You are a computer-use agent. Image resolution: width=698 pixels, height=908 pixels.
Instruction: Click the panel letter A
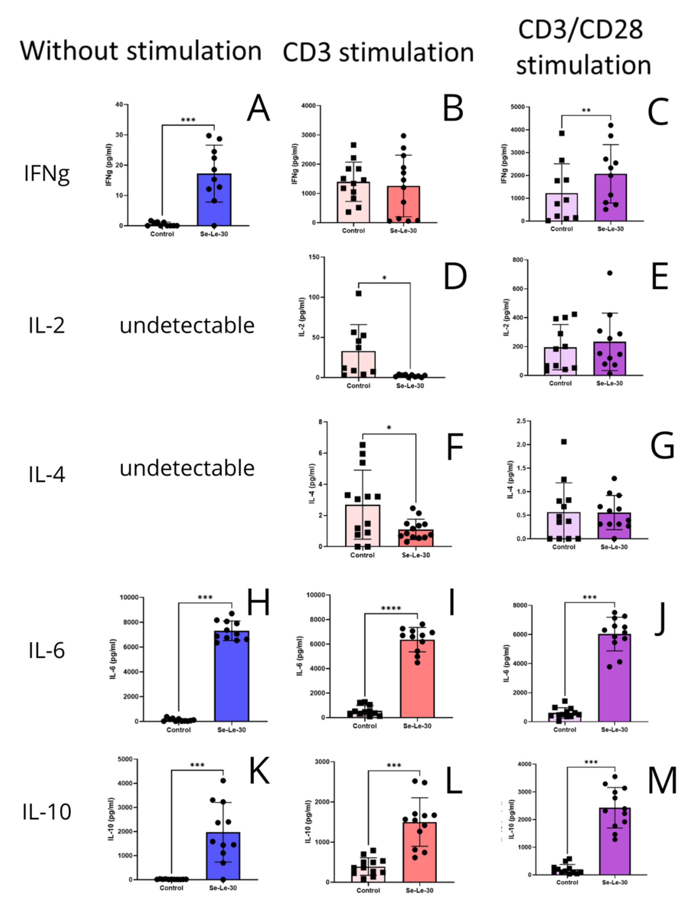click(x=258, y=108)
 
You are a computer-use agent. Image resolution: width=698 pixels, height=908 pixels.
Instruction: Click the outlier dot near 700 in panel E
click(x=610, y=273)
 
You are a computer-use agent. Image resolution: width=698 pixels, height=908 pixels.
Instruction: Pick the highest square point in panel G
click(x=564, y=441)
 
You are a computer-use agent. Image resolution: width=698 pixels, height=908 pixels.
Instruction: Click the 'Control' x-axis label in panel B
click(x=353, y=231)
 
